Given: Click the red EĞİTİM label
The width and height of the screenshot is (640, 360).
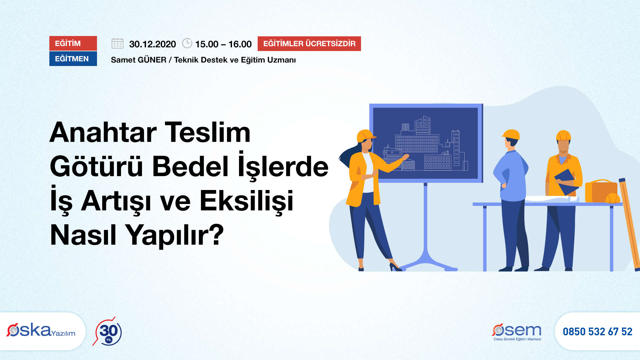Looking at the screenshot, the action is point(73,43).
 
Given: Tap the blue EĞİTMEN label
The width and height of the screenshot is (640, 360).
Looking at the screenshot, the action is point(73,59).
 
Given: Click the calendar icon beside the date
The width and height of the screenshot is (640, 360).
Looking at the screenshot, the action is point(117,43).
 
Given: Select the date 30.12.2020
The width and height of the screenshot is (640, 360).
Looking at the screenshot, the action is point(152,44).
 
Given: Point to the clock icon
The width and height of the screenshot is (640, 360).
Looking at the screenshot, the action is point(187,43).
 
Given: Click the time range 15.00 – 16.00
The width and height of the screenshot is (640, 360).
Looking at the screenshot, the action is point(223,44).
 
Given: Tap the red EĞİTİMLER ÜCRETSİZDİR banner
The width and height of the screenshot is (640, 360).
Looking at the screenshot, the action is point(309,44).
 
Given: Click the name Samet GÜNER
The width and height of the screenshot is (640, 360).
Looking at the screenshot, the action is point(139,60).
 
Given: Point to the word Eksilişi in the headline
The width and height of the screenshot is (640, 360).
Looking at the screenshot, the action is point(247,201).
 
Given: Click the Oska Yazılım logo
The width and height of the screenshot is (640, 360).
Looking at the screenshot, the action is point(41,331).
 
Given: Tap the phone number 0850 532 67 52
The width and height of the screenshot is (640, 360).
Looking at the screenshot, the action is point(598,332).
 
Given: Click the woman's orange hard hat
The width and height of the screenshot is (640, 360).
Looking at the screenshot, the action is point(366,136).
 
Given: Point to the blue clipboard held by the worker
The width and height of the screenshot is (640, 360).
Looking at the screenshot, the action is point(567,181).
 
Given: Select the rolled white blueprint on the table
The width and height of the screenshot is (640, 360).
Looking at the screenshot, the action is point(552,199).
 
